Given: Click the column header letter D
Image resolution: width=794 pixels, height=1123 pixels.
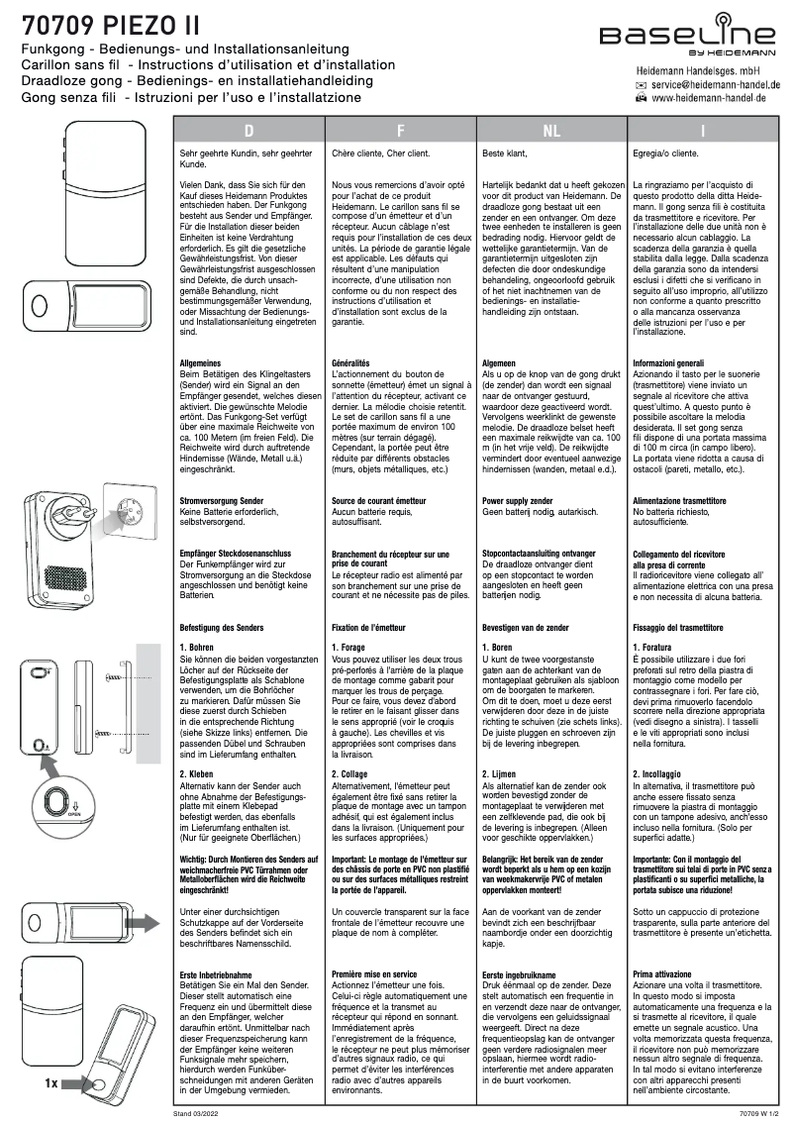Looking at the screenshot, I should coord(250,131).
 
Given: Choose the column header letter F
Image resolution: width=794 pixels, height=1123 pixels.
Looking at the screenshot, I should coord(401,131).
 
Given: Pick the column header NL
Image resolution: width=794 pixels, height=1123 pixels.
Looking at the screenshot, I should coord(551,131).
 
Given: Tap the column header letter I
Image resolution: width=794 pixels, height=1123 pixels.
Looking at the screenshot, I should coord(702,131).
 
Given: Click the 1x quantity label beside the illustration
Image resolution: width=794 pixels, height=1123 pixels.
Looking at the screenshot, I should coord(52,1083).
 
